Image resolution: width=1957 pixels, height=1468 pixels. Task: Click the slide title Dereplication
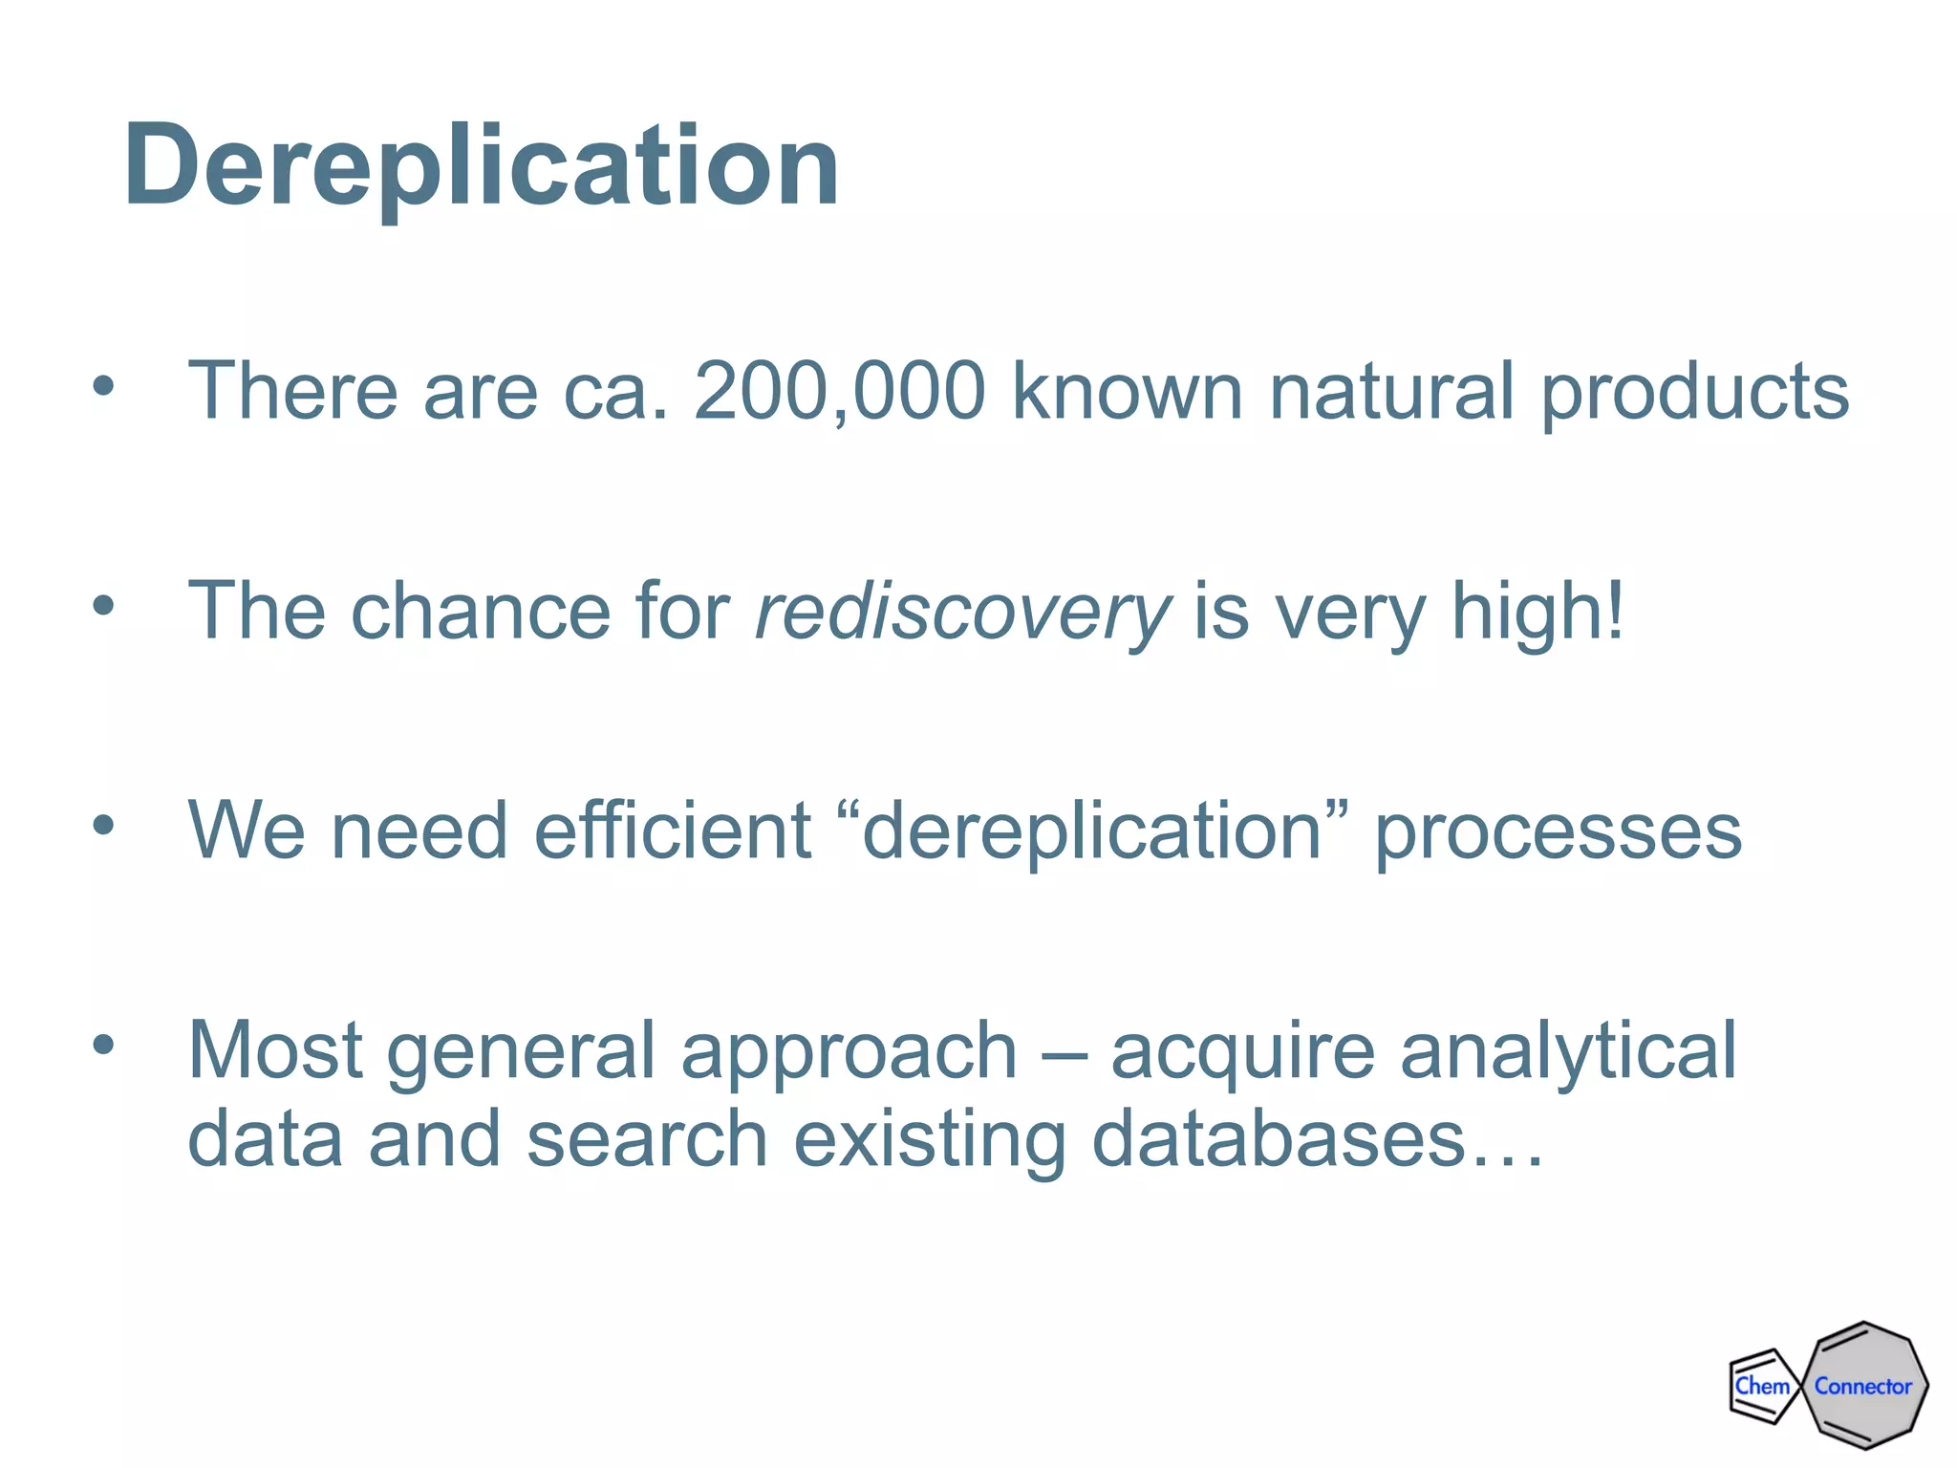(482, 166)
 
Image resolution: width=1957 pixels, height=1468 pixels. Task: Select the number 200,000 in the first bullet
(839, 391)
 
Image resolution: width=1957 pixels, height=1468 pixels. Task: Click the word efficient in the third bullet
(673, 831)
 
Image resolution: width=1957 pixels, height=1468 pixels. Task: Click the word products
(1695, 393)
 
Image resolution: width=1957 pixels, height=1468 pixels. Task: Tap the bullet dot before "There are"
(103, 386)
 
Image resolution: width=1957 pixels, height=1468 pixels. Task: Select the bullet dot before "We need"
(103, 825)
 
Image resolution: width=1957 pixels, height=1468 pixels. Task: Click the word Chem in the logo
(1761, 1386)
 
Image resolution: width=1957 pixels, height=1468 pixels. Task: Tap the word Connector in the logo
(1863, 1386)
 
